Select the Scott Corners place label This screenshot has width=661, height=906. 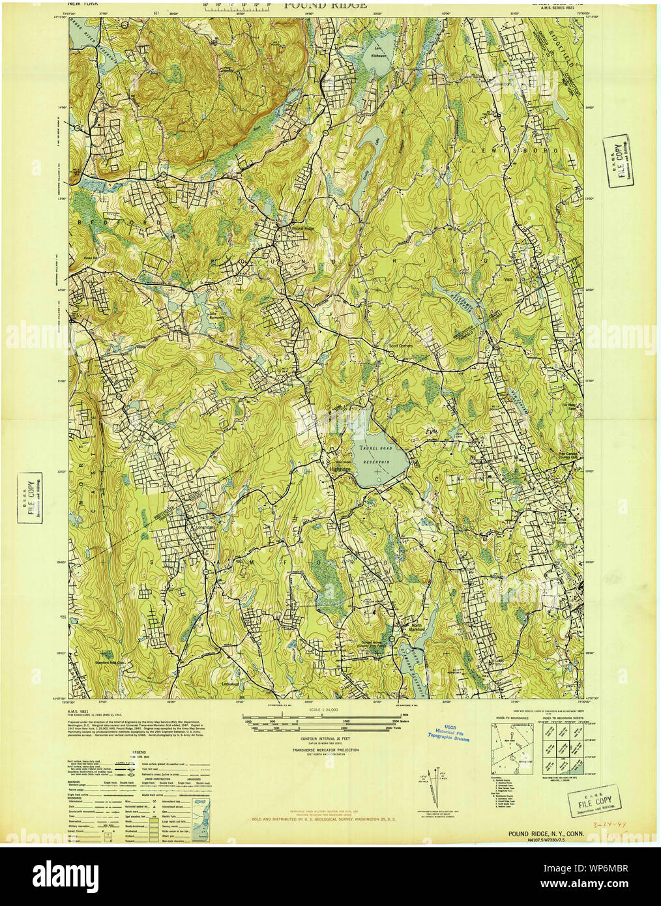click(x=402, y=347)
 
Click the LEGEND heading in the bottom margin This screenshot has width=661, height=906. click(x=139, y=752)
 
